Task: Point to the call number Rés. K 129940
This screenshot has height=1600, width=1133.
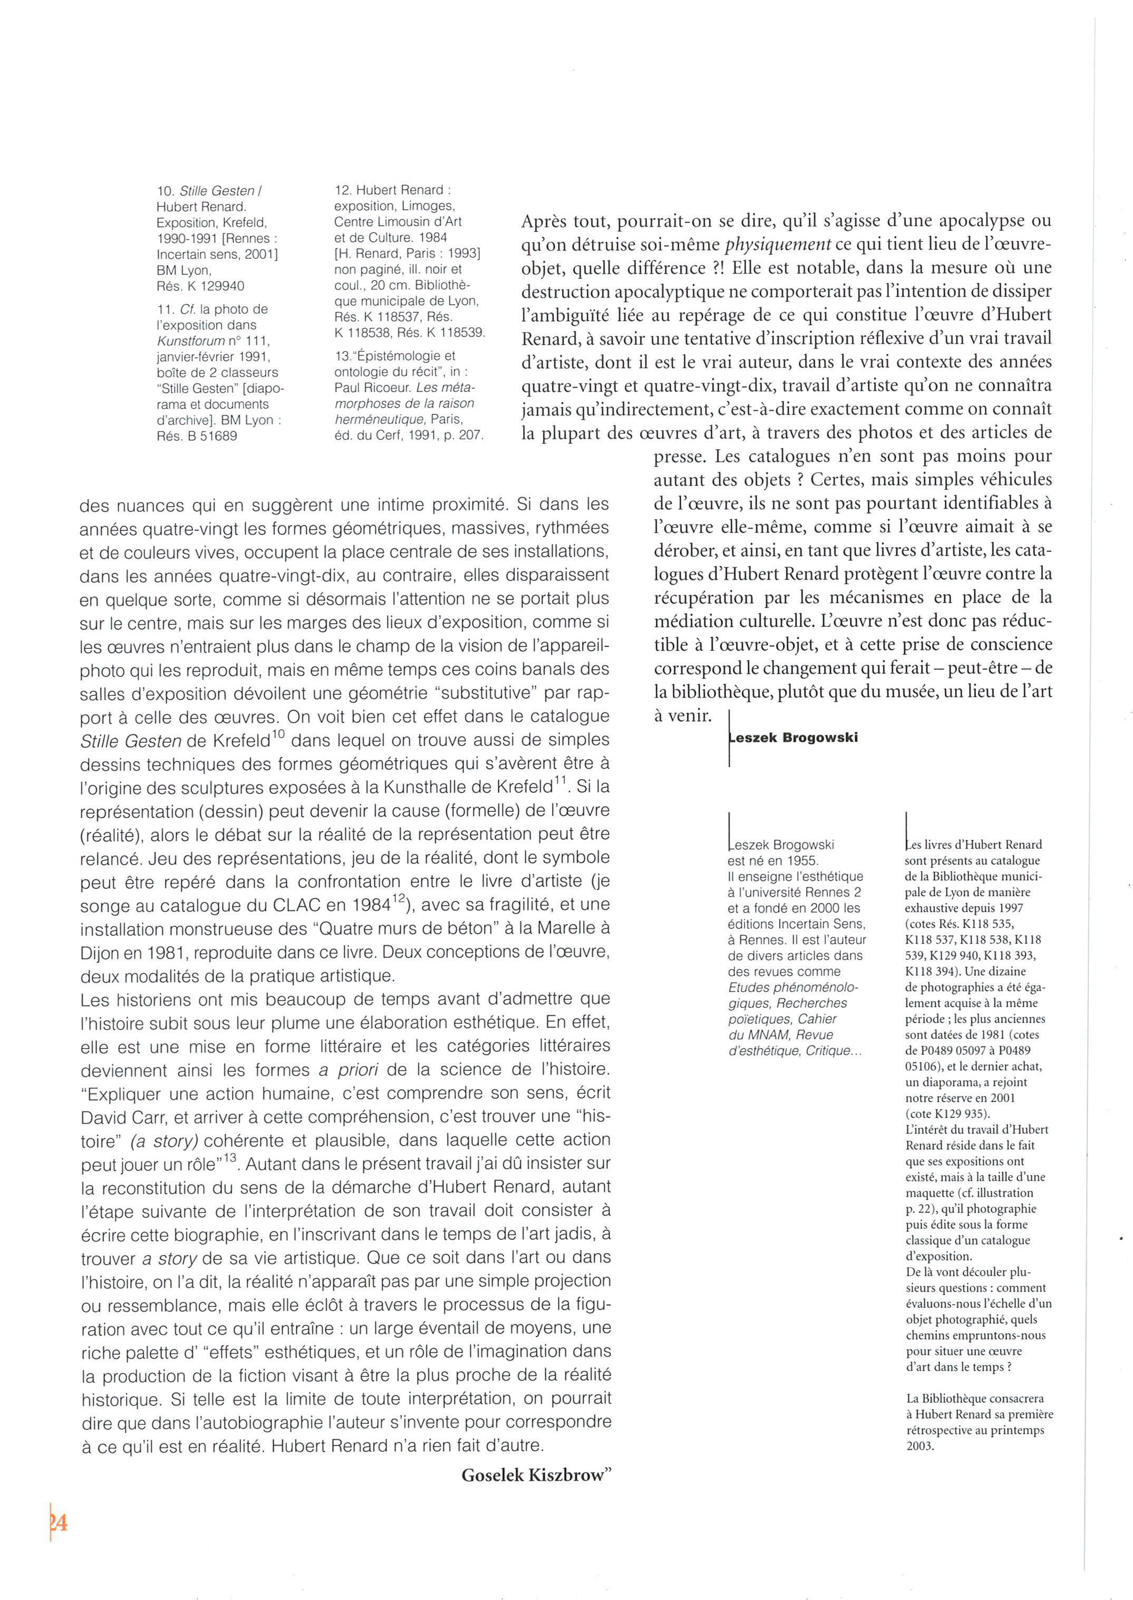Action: (x=200, y=286)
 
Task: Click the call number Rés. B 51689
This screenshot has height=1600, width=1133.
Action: (x=197, y=436)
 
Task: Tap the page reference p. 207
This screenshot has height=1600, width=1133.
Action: (x=463, y=436)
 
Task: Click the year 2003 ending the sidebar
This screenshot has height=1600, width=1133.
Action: (x=919, y=1446)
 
